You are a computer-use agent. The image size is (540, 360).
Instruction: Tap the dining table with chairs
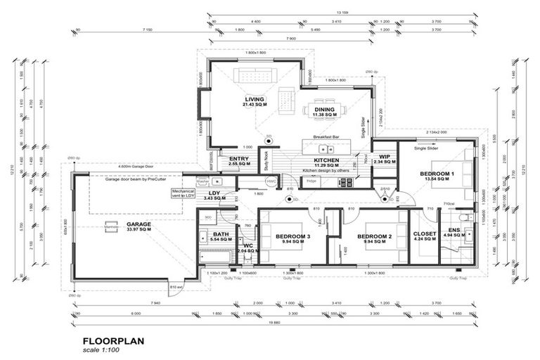pyautogui.click(x=324, y=109)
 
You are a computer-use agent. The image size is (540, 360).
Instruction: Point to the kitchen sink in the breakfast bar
pyautogui.click(x=326, y=148)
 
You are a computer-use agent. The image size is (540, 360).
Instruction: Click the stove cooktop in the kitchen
pyautogui.click(x=347, y=182)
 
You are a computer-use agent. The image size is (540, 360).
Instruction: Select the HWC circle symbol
pyautogui.click(x=271, y=182)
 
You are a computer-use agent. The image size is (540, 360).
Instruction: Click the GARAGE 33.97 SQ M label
pyautogui.click(x=139, y=227)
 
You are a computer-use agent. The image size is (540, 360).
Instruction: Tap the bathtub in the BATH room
pyautogui.click(x=220, y=257)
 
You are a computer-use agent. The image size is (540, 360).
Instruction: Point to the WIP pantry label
pyautogui.click(x=385, y=159)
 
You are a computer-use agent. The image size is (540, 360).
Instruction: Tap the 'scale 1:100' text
pyautogui.click(x=102, y=349)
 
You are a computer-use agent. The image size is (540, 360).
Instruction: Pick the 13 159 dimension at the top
pyautogui.click(x=343, y=13)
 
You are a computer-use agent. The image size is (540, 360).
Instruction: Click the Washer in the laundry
pyautogui.click(x=203, y=182)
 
